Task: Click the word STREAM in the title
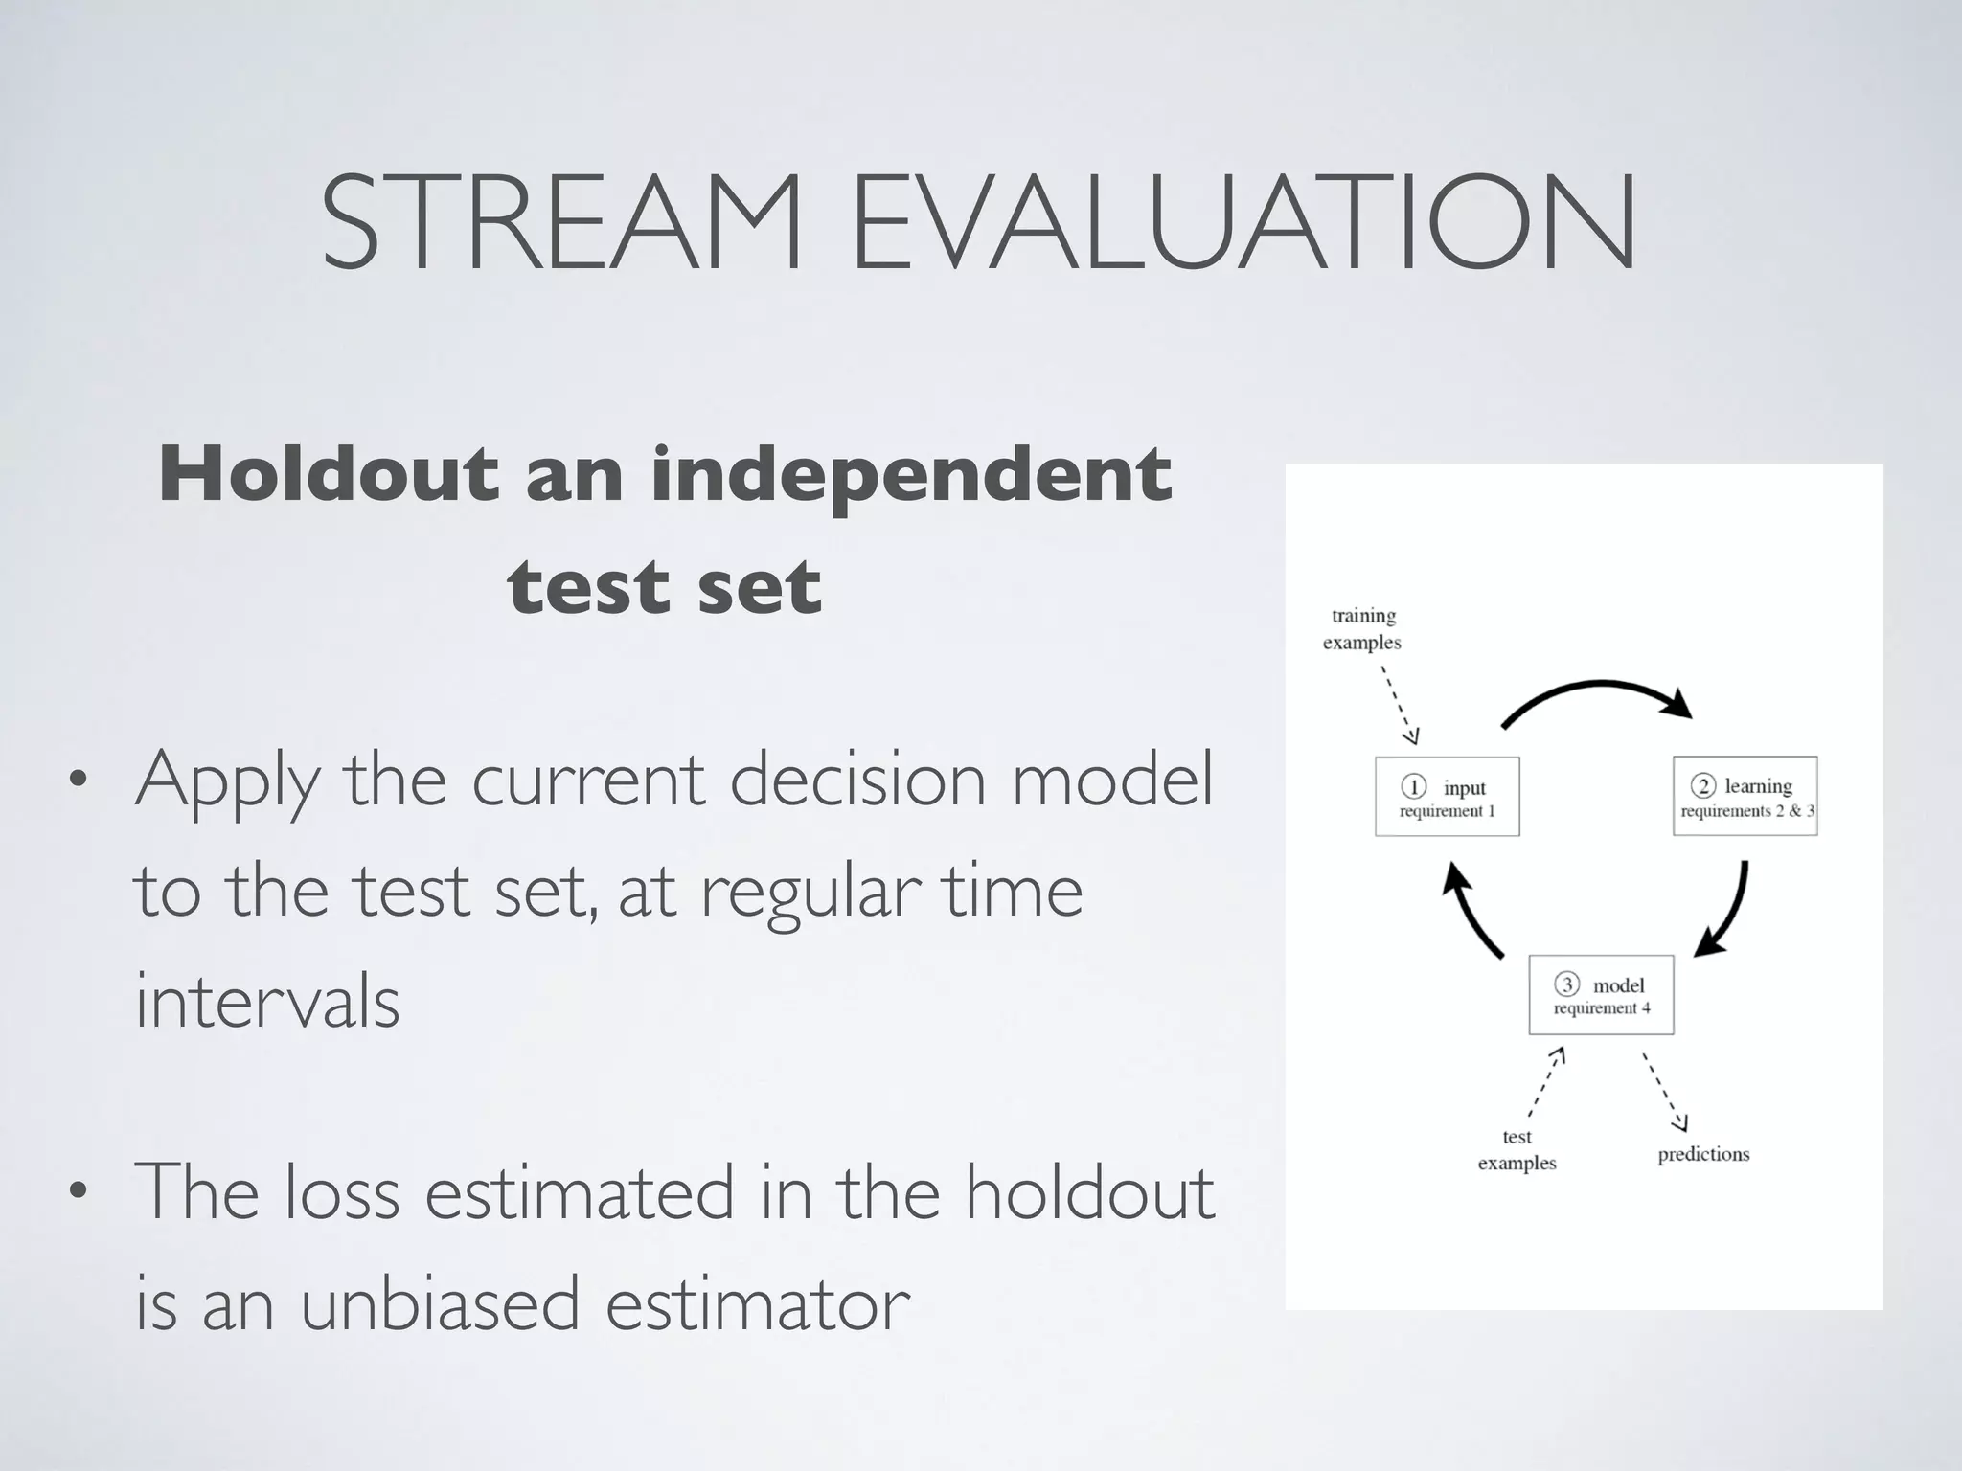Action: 560,222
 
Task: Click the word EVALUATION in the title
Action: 1243,222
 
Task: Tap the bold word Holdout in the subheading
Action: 329,474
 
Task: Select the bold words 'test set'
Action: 664,586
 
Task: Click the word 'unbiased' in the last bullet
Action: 440,1304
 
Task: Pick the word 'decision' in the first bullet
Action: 857,780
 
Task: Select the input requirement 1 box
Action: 1447,797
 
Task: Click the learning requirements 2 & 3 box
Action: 1745,797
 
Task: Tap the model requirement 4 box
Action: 1601,995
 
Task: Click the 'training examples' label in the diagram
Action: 1362,629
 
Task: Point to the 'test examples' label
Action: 1517,1149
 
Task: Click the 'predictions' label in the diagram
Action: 1703,1154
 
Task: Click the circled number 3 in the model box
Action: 1566,984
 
